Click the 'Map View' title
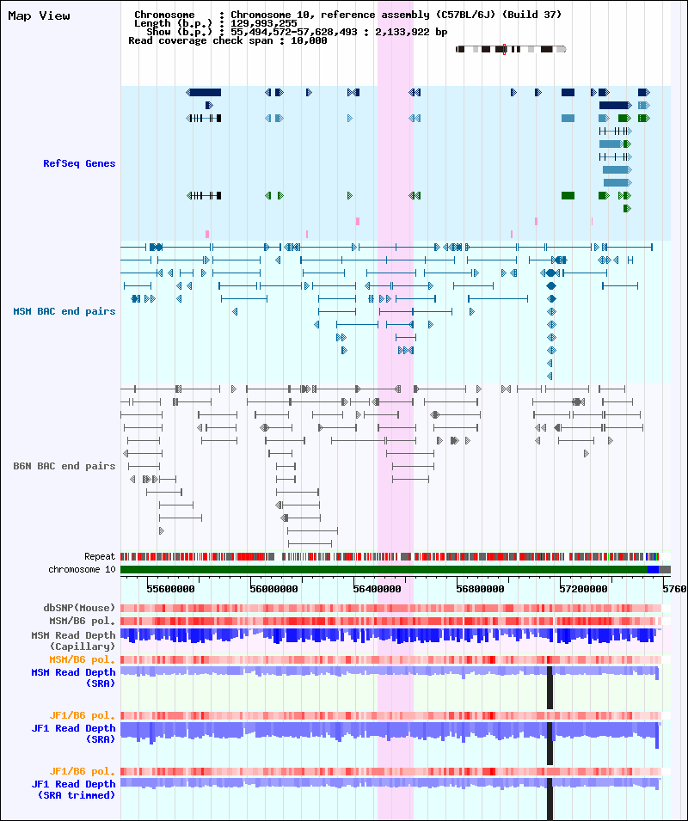click(x=39, y=15)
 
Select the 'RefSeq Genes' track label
click(x=79, y=163)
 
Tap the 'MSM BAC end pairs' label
click(x=64, y=311)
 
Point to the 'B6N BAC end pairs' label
click(x=64, y=466)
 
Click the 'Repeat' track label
click(x=100, y=556)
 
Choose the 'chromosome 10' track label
click(x=82, y=569)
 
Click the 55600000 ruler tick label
click(x=170, y=589)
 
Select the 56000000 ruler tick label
click(x=273, y=589)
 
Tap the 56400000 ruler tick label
click(x=377, y=589)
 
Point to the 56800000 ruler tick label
click(x=480, y=589)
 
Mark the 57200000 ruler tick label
click(x=583, y=589)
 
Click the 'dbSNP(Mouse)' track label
click(x=79, y=608)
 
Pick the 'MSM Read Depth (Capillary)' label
click(x=73, y=640)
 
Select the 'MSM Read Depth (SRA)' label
click(x=73, y=677)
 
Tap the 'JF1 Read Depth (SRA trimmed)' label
click(x=73, y=789)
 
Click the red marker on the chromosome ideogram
click(x=504, y=49)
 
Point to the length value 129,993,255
click(x=263, y=23)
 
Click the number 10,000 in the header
click(x=309, y=40)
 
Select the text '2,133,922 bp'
click(x=411, y=32)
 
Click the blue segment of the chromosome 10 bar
click(x=653, y=569)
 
